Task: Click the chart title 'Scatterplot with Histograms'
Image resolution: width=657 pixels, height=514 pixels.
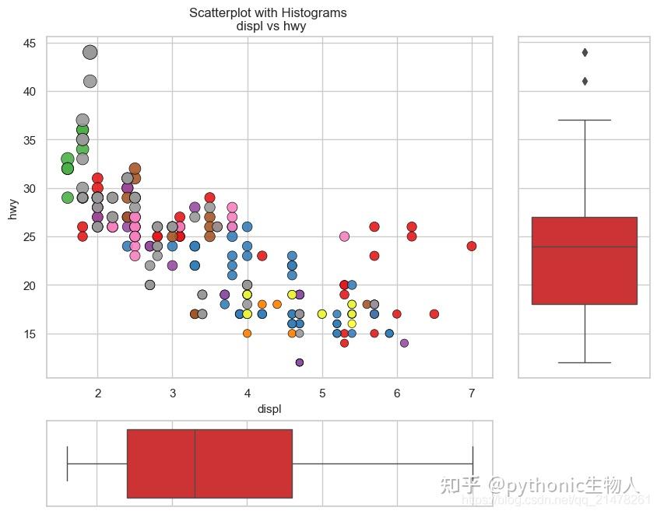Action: click(269, 13)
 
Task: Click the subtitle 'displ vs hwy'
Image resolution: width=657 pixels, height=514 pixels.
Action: click(269, 26)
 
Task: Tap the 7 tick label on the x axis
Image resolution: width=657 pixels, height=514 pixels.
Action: click(472, 394)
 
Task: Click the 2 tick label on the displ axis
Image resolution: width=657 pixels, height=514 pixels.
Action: click(98, 394)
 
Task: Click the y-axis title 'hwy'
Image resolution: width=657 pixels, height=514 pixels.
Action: click(13, 208)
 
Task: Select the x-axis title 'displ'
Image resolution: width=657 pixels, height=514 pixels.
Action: click(269, 409)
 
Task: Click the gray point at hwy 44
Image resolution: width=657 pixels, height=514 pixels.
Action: click(90, 53)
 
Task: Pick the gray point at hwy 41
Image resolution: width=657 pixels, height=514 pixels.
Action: click(90, 82)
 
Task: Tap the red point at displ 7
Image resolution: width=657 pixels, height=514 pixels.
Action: click(472, 247)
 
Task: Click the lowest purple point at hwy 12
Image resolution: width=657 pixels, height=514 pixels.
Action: click(300, 362)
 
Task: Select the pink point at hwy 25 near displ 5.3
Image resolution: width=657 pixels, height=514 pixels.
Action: click(344, 236)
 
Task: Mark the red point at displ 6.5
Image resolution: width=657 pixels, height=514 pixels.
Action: click(434, 314)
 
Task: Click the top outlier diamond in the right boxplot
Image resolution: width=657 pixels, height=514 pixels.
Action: click(585, 53)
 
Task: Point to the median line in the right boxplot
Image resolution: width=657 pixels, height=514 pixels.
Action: click(584, 247)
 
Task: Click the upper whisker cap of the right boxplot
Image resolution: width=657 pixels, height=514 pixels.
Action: click(584, 121)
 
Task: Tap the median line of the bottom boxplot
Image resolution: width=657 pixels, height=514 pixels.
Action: click(195, 463)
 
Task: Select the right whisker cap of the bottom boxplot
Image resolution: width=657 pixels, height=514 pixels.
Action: click(473, 463)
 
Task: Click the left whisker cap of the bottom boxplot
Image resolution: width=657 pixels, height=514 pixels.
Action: click(68, 463)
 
